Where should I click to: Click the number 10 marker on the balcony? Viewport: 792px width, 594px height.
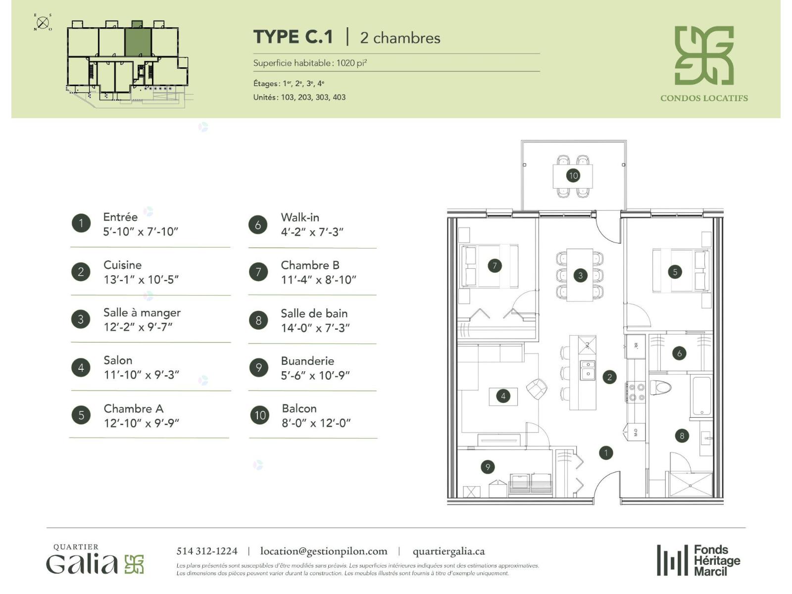573,176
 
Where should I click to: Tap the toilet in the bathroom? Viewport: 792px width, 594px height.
660,388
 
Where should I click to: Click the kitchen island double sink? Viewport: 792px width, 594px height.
588,370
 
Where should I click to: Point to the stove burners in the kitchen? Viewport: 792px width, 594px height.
636,392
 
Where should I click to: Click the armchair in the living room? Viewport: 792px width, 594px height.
537,389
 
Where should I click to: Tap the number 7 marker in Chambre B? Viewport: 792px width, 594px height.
495,266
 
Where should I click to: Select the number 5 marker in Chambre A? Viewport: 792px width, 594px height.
675,272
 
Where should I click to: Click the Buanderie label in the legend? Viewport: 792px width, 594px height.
307,361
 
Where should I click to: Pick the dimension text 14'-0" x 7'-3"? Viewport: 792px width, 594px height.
315,328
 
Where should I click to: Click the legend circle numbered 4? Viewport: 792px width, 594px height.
81,367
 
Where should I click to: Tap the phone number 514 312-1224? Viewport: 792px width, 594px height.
207,551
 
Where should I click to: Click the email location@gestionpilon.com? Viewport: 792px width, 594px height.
324,551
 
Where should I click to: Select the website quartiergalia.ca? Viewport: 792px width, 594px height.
449,551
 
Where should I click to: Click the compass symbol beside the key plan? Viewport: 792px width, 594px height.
43,23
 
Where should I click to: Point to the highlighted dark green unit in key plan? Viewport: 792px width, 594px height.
138,42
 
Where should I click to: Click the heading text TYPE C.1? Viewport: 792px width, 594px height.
293,37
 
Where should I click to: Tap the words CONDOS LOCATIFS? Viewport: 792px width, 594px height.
704,98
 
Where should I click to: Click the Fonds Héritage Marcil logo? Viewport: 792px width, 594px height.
698,560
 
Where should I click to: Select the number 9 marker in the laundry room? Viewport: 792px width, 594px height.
488,467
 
